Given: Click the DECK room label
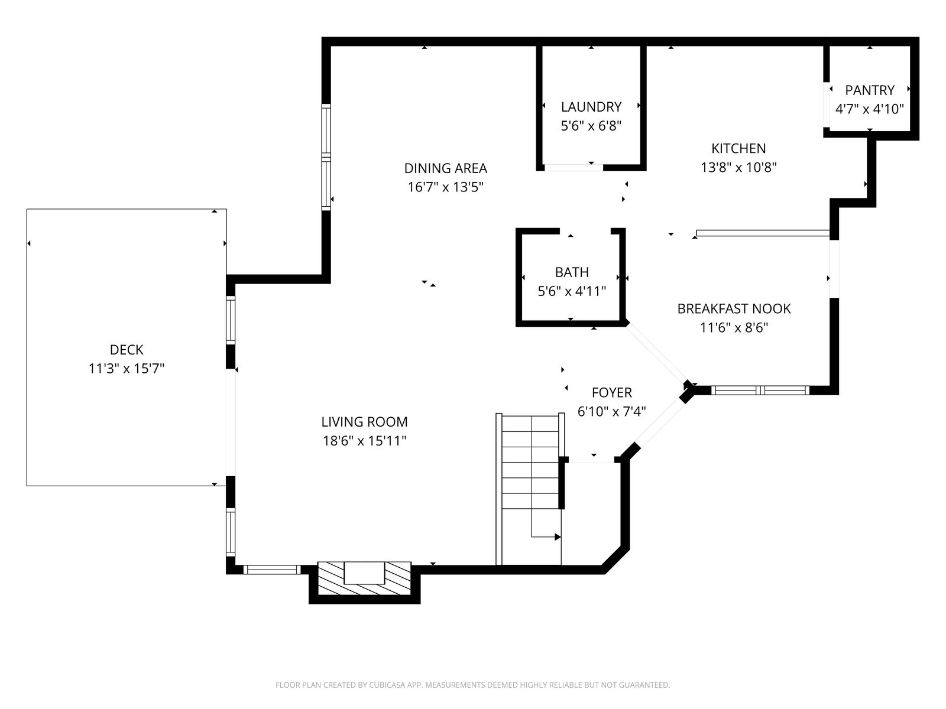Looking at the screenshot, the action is click(x=127, y=350).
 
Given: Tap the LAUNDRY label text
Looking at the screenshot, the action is click(x=591, y=107).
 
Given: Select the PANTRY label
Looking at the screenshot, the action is click(x=870, y=90).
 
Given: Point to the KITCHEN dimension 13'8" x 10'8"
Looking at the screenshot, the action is click(x=738, y=167).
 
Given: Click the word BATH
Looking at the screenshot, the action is click(x=572, y=272).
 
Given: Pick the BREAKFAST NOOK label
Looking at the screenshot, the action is click(x=734, y=308).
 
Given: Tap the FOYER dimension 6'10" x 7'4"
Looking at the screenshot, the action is click(x=611, y=412).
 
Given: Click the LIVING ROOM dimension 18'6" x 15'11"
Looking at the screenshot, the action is click(x=365, y=441).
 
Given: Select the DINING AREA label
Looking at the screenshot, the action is click(x=446, y=168).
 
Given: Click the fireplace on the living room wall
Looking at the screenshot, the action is click(x=364, y=578).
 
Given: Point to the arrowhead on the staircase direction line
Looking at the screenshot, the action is click(x=558, y=537).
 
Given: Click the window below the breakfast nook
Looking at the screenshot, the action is click(x=760, y=390).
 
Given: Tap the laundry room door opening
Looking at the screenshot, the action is click(x=573, y=167).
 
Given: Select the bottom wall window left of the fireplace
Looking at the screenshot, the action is click(x=272, y=570).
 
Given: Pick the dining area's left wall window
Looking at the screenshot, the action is click(x=326, y=157).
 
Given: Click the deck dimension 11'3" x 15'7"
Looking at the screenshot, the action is click(x=127, y=369).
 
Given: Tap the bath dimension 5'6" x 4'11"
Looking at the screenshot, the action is click(x=572, y=291).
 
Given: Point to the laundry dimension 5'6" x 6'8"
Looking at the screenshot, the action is click(x=591, y=126).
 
